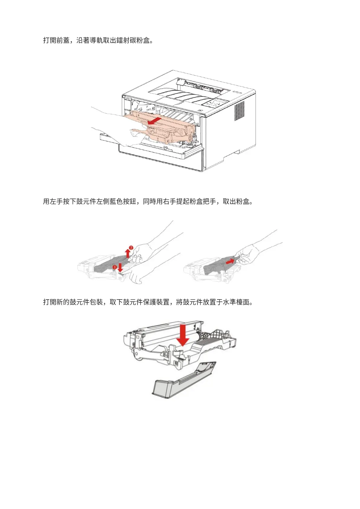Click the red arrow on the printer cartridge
click(154, 121)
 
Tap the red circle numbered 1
click(115, 267)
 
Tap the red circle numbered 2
click(131, 248)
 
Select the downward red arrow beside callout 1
click(120, 267)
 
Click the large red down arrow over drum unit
click(183, 335)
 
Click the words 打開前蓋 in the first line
click(56, 40)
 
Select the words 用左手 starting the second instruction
click(53, 201)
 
